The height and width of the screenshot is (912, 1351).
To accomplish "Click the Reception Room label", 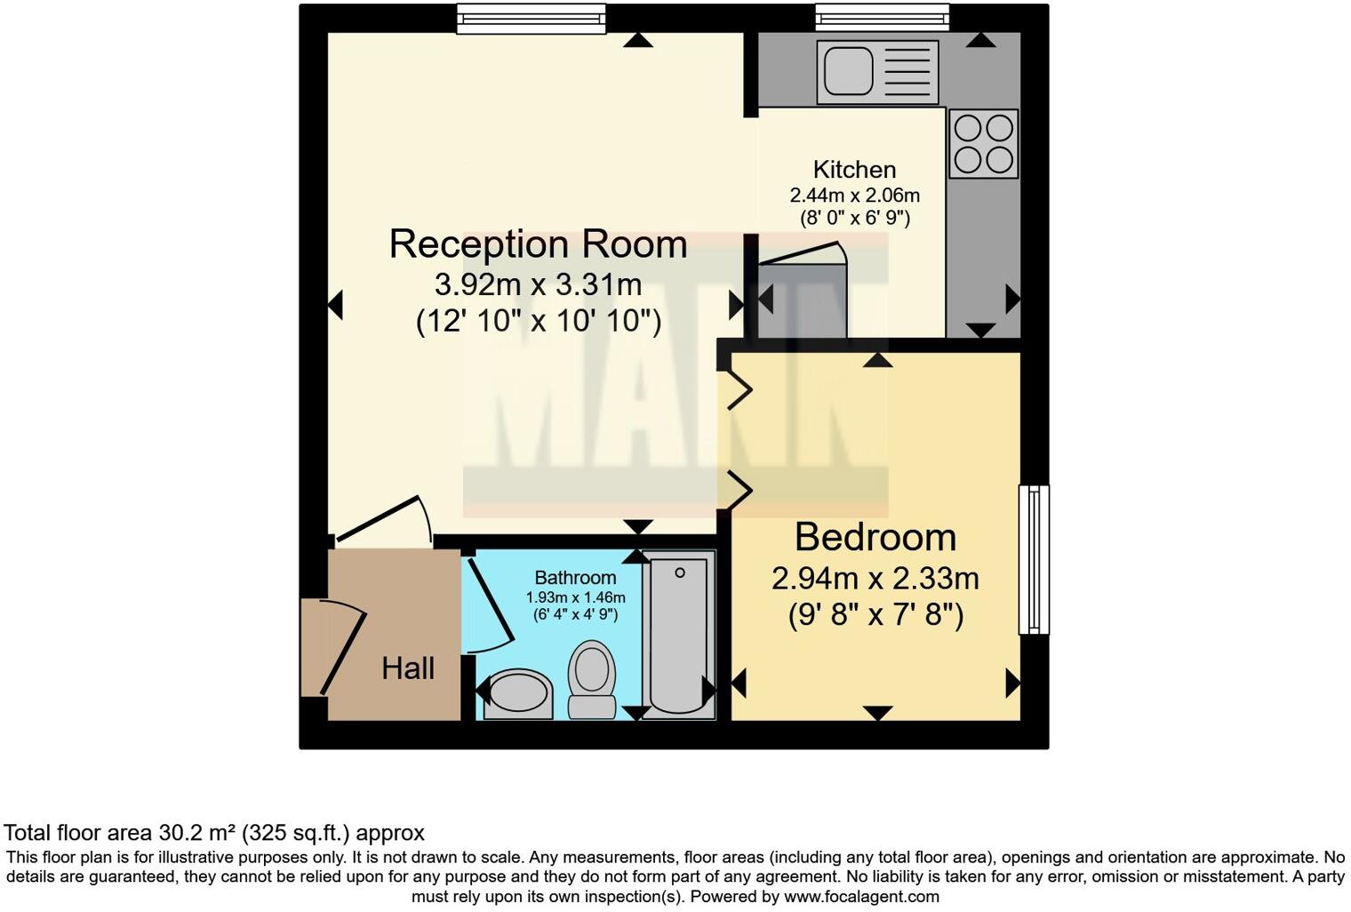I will click(538, 244).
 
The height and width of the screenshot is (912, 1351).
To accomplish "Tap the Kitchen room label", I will click(854, 170).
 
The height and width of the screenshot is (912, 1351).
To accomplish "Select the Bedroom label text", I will click(875, 538).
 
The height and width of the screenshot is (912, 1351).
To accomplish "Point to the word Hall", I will click(408, 668).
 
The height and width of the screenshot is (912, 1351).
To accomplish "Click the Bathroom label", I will click(575, 578).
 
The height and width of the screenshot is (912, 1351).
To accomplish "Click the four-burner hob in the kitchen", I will click(983, 143).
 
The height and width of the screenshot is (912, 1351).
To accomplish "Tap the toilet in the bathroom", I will click(591, 677).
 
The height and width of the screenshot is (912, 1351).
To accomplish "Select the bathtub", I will click(679, 633).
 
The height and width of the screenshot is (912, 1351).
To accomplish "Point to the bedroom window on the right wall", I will click(1034, 559).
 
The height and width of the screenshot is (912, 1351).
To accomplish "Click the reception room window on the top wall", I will click(531, 19).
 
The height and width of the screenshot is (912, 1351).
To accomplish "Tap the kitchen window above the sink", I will click(882, 18).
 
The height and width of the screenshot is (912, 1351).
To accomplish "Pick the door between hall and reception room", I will click(382, 521).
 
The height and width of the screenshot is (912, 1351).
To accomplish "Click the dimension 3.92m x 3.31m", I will click(538, 284).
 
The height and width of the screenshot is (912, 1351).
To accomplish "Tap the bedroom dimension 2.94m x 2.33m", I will click(875, 580).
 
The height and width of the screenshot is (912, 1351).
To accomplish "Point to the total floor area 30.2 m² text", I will click(214, 833).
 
